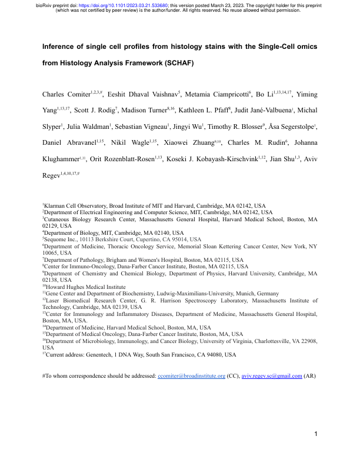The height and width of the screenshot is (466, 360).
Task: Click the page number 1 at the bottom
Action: tap(316, 451)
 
